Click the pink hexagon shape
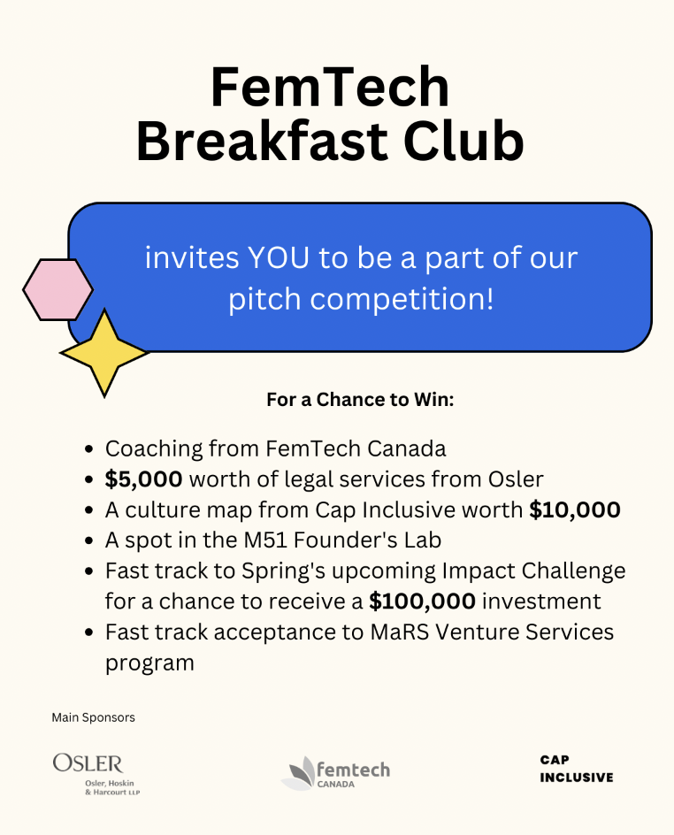point(58,290)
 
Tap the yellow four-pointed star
point(104,353)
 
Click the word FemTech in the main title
point(330,87)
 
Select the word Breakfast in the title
point(262,142)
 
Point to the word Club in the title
point(463,142)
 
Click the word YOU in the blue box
point(279,258)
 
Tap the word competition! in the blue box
point(402,300)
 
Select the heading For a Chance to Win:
point(360,400)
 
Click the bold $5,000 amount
point(144,479)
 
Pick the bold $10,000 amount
point(575,509)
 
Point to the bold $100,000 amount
point(422,601)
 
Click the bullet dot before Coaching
point(89,449)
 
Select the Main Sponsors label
point(93,717)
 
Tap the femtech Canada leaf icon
point(299,773)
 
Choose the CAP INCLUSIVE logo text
point(577,769)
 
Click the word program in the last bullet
point(149,663)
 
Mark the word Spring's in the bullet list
point(284,571)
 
